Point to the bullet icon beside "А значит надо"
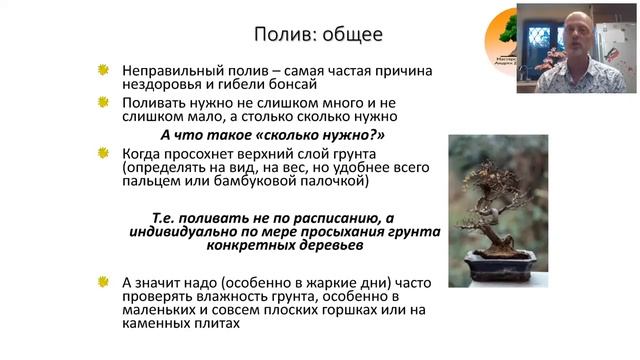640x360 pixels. pos(103,282)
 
